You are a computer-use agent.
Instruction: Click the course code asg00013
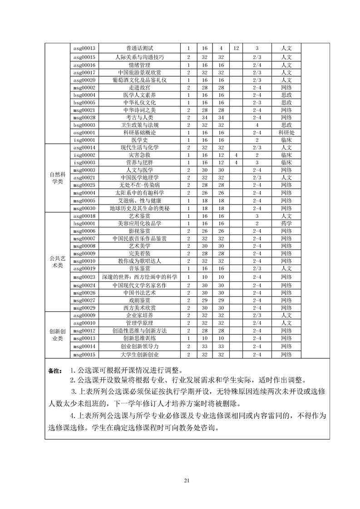[84, 49]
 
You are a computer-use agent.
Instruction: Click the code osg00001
[84, 132]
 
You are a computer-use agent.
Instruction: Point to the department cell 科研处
[286, 132]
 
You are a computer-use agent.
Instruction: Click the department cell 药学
[286, 224]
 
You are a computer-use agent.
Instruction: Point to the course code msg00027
[84, 300]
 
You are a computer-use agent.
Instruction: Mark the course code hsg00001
[84, 224]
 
